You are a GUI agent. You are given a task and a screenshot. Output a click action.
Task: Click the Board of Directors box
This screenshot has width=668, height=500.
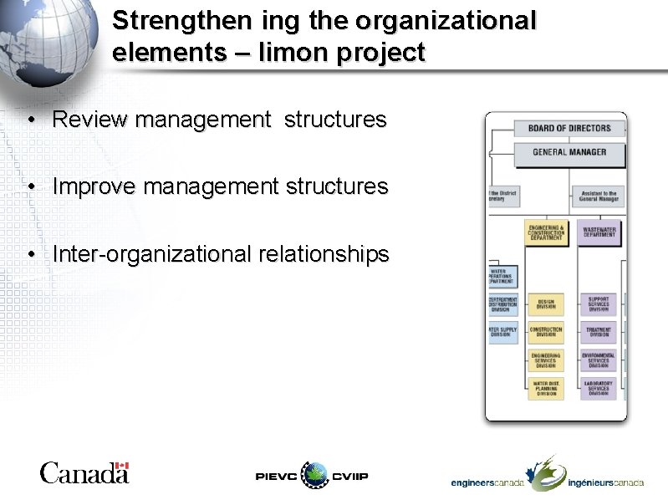click(569, 129)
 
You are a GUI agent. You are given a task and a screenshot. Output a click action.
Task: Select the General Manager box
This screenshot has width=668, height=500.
click(569, 152)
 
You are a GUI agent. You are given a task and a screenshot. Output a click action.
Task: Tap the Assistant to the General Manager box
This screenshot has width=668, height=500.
click(599, 196)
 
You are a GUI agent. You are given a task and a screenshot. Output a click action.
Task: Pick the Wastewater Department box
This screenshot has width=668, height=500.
click(599, 232)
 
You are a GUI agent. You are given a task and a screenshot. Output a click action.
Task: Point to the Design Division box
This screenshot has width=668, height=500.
click(546, 304)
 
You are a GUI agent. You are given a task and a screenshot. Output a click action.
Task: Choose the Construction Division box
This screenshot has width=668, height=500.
click(546, 333)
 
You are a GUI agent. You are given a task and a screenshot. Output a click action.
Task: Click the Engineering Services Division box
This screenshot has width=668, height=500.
click(546, 360)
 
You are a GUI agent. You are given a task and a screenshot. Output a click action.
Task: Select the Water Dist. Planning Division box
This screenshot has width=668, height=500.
click(546, 389)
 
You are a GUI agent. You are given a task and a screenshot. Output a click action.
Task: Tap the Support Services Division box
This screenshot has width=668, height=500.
click(599, 304)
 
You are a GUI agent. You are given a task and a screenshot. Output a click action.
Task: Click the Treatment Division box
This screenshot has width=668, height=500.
click(599, 333)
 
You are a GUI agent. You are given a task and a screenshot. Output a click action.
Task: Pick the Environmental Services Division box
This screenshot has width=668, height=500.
click(599, 360)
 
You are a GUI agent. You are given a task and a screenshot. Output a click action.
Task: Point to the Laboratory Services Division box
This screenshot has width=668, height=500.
click(599, 389)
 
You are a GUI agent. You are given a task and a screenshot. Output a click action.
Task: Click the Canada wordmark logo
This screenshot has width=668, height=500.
click(84, 473)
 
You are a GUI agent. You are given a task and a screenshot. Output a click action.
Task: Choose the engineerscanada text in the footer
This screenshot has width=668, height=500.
click(487, 482)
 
